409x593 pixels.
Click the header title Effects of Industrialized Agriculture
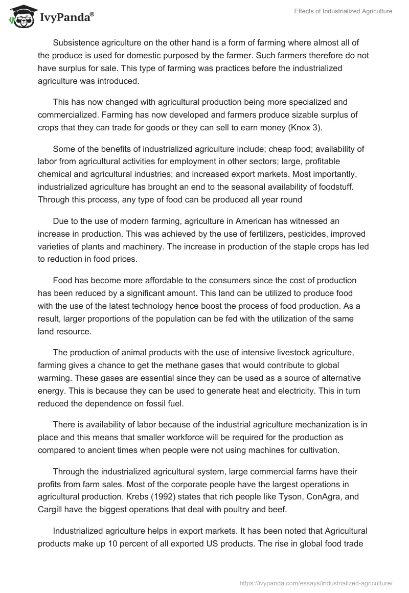coord(344,11)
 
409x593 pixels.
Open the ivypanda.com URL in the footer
coord(315,582)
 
